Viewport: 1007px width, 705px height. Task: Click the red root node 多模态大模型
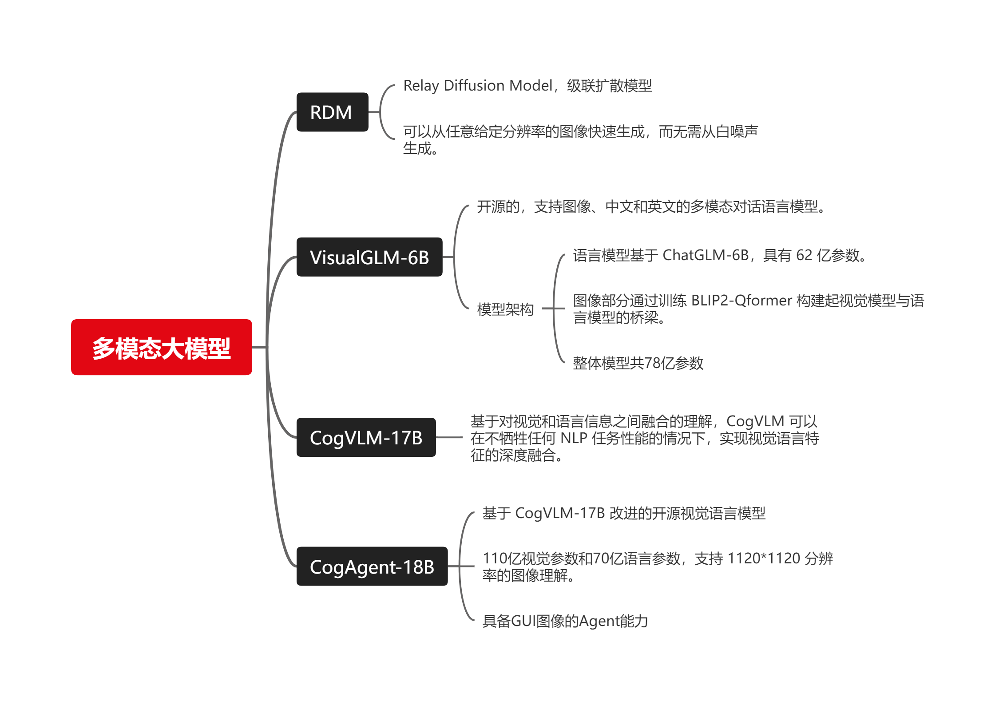pos(162,348)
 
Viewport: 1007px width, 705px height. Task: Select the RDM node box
pos(332,112)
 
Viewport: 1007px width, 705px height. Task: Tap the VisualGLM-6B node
pos(369,257)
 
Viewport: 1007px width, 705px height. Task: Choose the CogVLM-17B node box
pos(366,438)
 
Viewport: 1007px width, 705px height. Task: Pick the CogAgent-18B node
pos(372,567)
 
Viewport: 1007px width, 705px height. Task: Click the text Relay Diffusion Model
pos(477,86)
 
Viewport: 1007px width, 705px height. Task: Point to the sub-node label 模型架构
pos(505,309)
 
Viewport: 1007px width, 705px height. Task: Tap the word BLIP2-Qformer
pos(741,301)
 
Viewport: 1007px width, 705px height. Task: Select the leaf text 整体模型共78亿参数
pos(638,363)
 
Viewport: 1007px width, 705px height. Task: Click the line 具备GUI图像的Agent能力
pos(565,621)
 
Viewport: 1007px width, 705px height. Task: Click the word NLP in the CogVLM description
pos(574,438)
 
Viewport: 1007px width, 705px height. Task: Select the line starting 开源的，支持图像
pos(650,207)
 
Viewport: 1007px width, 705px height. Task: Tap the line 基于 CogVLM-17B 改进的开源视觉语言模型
pos(624,514)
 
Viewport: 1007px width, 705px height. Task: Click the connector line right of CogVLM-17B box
pos(449,438)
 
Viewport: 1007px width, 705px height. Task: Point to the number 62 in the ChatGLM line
pos(804,255)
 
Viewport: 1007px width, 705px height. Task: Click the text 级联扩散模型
pos(609,86)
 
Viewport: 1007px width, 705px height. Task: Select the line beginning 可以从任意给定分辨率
pos(580,132)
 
